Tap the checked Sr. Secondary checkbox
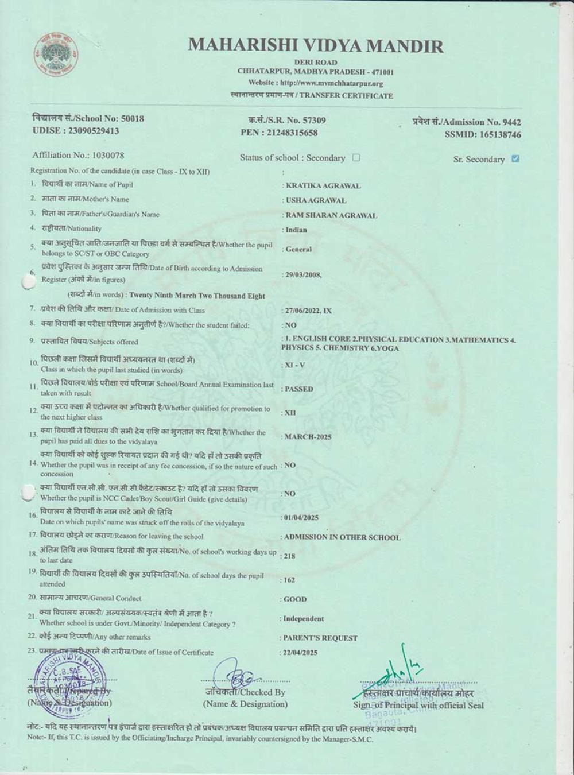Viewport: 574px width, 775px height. click(515, 158)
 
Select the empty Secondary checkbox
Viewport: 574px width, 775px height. click(356, 157)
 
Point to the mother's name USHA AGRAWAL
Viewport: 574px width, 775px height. click(316, 201)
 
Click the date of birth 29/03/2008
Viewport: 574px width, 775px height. click(302, 275)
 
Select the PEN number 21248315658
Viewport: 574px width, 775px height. click(292, 133)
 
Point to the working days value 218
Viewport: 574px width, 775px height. click(290, 556)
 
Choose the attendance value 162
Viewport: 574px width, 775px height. click(289, 580)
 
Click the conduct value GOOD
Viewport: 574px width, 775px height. click(295, 599)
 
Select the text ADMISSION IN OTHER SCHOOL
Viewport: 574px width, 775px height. click(342, 538)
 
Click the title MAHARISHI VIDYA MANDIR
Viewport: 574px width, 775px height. click(316, 45)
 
